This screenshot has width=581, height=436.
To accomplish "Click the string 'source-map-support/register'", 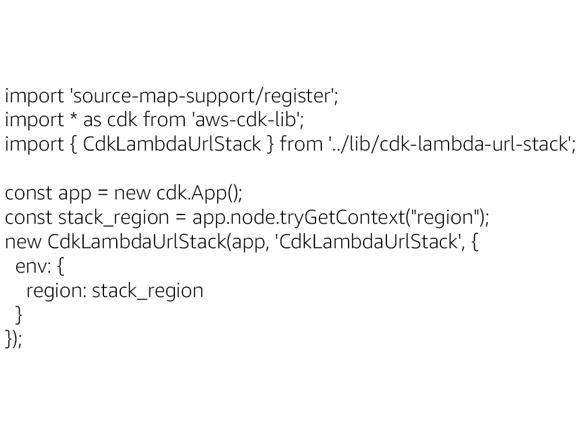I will point(204,95).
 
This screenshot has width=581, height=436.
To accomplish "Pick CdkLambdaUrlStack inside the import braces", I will point(172,144).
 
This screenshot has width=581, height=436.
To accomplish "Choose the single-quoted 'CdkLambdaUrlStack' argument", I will point(370,241).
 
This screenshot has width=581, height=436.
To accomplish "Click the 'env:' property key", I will point(35,266).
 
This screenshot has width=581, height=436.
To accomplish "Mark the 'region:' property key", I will point(56,291).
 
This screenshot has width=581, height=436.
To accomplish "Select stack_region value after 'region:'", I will point(148,291).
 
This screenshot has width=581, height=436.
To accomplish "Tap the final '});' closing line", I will point(13,339).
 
